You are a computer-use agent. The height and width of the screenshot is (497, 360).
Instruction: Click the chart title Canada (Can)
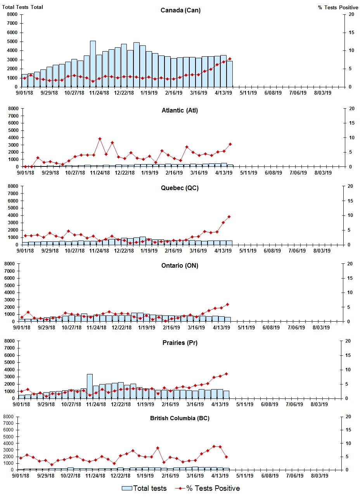[x=180, y=10]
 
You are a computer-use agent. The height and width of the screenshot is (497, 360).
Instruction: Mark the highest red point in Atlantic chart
[x=100, y=139]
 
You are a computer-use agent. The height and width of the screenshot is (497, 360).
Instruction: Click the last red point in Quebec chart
[x=229, y=216]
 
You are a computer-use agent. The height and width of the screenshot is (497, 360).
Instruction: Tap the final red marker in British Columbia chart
[x=226, y=457]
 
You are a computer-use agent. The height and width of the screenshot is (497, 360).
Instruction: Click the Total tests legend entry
[x=144, y=488]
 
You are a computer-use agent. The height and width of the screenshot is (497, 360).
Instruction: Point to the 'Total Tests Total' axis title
[x=22, y=7]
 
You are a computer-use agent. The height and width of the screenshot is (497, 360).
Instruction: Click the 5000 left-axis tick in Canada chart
[x=12, y=42]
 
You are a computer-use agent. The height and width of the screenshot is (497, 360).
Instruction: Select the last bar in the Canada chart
[x=230, y=74]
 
